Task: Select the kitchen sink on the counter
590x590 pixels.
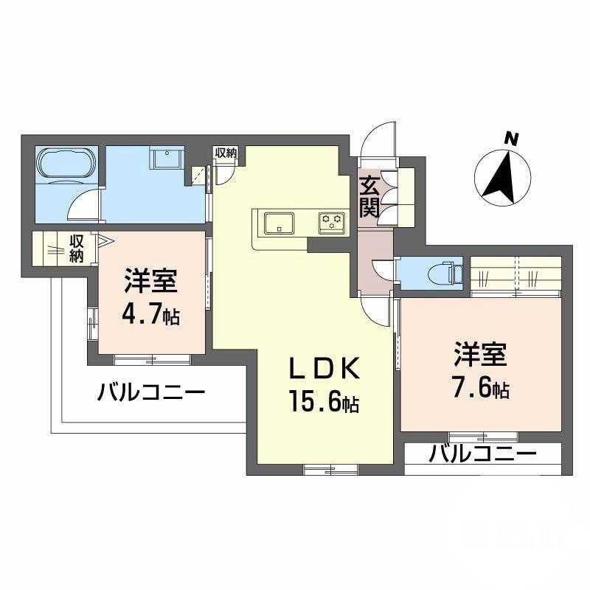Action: (280, 221)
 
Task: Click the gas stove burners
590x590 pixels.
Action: (333, 219)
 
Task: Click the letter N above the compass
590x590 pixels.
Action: (510, 137)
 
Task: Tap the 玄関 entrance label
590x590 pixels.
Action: (370, 195)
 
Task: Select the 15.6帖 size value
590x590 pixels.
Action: (323, 403)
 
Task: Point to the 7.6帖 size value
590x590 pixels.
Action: (480, 389)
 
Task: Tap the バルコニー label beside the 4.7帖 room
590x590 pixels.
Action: (151, 392)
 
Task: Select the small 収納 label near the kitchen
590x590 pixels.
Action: (226, 153)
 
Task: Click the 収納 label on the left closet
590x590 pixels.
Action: (77, 248)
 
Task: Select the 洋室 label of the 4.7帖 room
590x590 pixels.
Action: (150, 282)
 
